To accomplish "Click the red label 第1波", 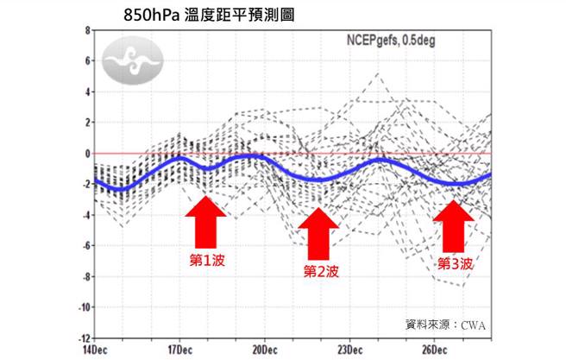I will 207,260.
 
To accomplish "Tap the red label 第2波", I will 319,272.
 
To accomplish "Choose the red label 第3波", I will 455,263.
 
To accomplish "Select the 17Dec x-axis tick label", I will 179,350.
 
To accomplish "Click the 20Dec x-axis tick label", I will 264,350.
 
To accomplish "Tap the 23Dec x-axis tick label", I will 349,350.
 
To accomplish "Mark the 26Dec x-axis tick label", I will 435,350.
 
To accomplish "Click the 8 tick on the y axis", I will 87,30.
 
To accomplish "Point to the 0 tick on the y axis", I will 87,154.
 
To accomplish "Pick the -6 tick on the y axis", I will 85,246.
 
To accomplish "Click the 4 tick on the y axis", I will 87,92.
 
